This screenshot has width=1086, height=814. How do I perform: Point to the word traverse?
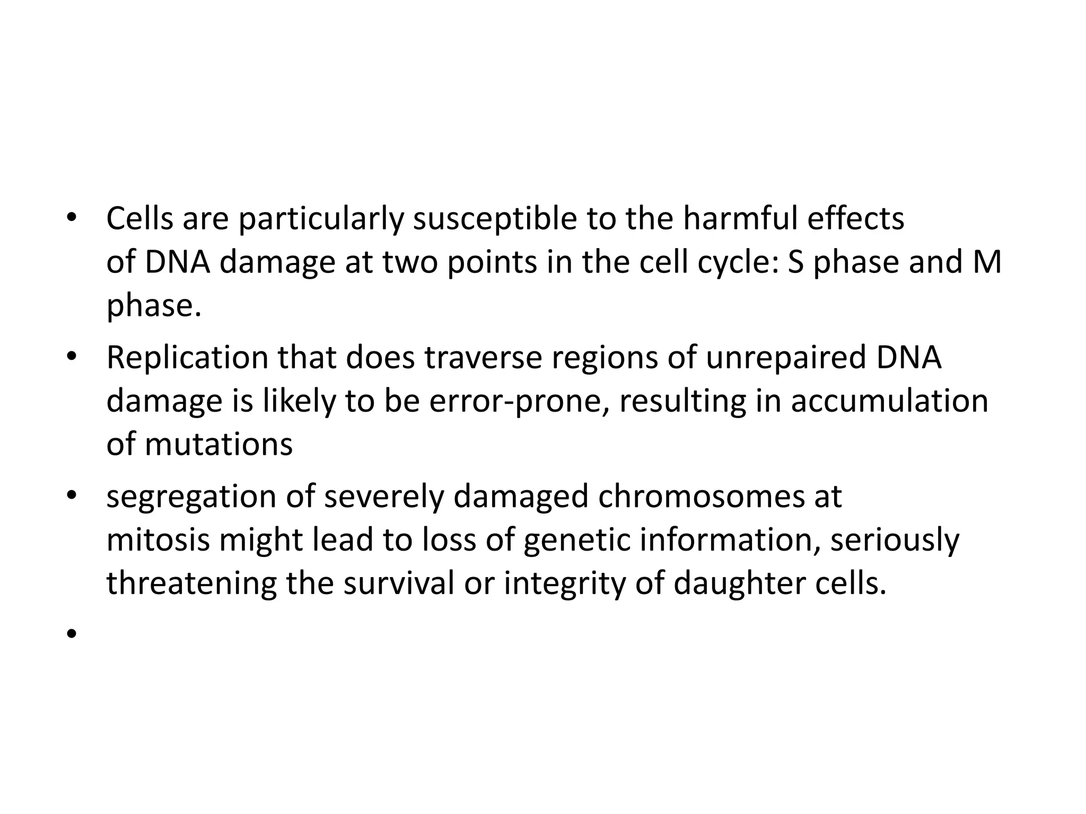point(483,358)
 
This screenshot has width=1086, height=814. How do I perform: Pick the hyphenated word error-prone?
point(518,402)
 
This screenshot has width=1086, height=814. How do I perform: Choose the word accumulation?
point(889,401)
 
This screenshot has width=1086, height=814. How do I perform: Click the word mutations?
point(218,444)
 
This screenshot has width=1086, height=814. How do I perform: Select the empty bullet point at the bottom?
point(72,633)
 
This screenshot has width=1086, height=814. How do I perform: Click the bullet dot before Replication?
point(72,356)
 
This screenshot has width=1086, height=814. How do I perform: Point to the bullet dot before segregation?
point(72,495)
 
